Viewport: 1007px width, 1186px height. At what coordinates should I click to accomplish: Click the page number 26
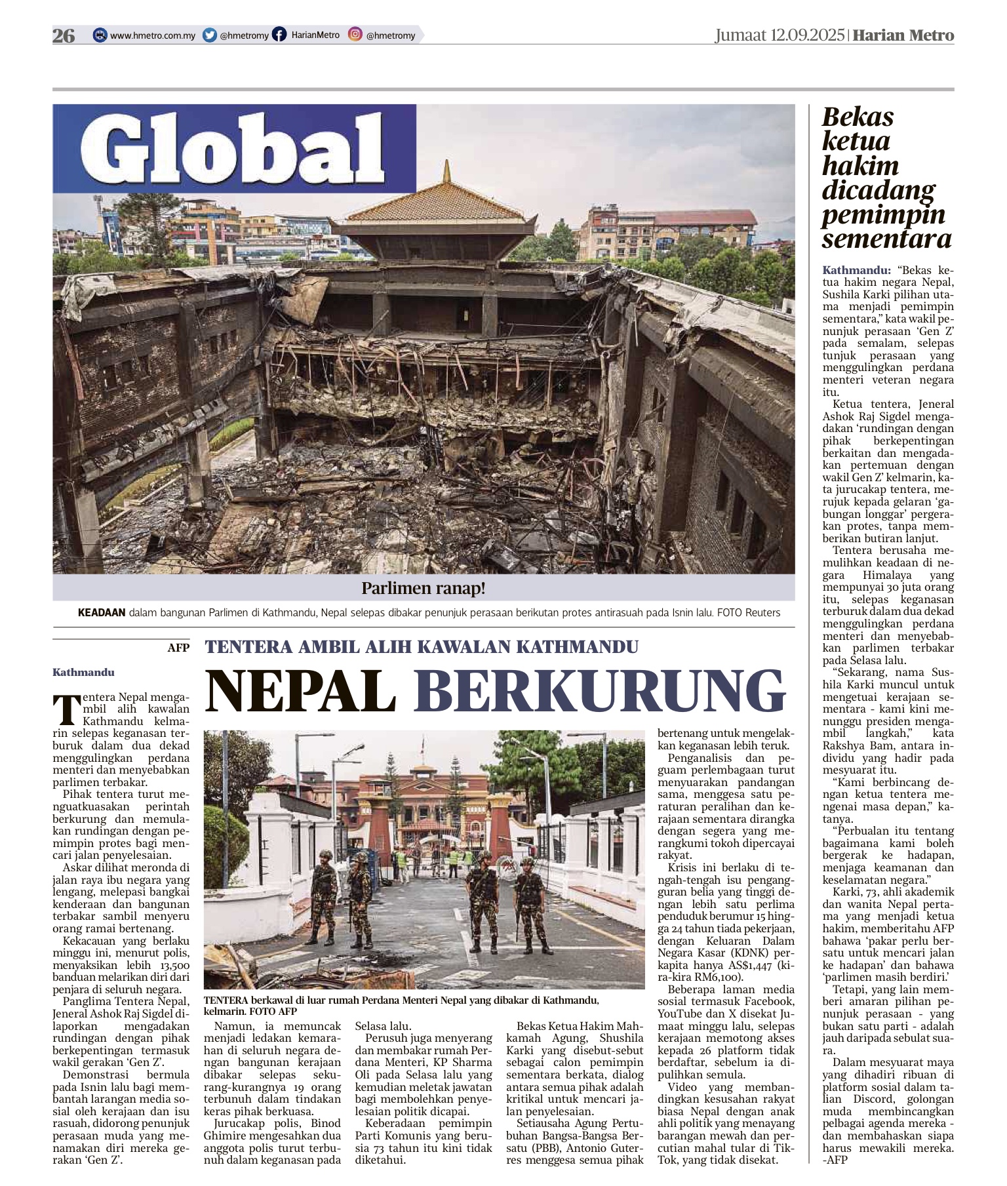[x=64, y=35]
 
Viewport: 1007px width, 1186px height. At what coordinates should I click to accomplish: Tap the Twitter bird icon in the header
[x=210, y=35]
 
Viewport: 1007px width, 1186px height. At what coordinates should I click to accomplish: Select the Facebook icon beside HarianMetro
[x=279, y=35]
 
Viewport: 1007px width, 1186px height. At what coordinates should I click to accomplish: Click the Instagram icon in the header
[x=355, y=35]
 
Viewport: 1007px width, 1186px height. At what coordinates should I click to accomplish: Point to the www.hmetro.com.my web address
[x=152, y=35]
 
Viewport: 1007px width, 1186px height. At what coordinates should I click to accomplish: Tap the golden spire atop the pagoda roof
[x=447, y=172]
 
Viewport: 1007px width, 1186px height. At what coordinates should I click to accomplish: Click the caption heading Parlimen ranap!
[x=424, y=588]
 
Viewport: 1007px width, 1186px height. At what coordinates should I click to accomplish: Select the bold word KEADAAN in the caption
[x=102, y=613]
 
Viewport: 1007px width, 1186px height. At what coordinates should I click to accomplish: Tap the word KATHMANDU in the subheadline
[x=577, y=647]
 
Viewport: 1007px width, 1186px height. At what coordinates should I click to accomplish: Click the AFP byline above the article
[x=178, y=648]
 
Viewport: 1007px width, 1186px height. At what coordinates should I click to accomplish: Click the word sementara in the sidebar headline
[x=886, y=239]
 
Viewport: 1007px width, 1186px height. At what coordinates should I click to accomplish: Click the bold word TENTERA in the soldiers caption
[x=226, y=1000]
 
